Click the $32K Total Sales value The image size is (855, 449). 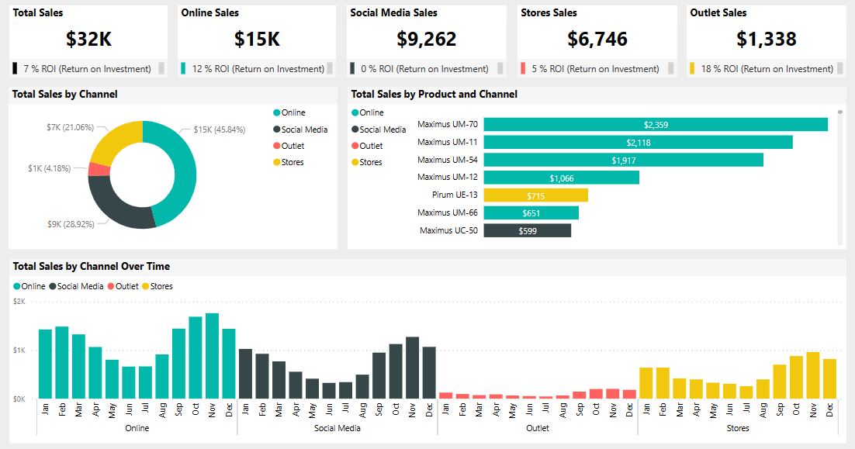click(x=88, y=39)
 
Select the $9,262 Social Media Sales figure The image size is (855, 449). click(x=426, y=39)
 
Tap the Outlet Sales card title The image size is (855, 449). click(x=718, y=13)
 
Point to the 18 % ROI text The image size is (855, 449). click(x=767, y=69)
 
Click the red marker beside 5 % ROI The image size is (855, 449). click(x=523, y=68)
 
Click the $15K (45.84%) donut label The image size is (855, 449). click(x=220, y=130)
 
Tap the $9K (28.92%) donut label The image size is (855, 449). click(x=71, y=224)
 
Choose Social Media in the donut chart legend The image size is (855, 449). click(x=304, y=130)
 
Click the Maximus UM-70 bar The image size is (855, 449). click(x=656, y=124)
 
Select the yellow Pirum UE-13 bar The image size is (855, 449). click(x=535, y=195)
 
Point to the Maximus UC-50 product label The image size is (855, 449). click(x=448, y=230)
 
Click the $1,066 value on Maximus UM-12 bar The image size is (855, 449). click(x=562, y=178)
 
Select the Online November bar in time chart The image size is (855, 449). click(x=212, y=357)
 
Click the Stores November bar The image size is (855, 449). click(x=813, y=376)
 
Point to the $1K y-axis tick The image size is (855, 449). click(x=19, y=350)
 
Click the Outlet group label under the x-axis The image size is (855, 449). click(x=538, y=428)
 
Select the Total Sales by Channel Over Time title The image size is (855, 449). click(x=92, y=266)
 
